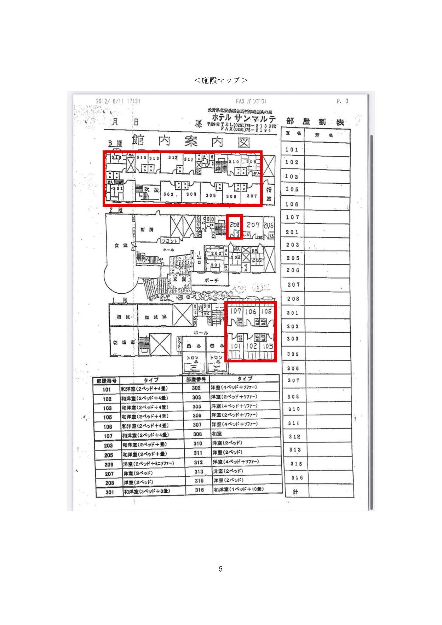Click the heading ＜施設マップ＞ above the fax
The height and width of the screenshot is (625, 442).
(221, 80)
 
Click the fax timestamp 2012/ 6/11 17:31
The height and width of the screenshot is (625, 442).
(118, 101)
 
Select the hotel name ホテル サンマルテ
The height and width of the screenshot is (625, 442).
(243, 118)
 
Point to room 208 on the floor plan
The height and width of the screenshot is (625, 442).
(234, 225)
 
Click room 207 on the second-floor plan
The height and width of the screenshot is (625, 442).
(253, 225)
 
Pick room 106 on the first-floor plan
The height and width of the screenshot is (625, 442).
(251, 311)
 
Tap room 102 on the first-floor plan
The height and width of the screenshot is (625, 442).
(251, 346)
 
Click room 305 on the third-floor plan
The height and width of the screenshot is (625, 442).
(211, 195)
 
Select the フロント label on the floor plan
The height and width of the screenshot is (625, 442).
(169, 241)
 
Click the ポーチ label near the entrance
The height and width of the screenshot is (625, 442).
(212, 280)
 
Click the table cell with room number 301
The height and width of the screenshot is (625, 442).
(110, 492)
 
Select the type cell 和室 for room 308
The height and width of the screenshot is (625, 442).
(217, 434)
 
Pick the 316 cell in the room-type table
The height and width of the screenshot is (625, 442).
(199, 490)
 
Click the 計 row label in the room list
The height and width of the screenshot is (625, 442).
(295, 492)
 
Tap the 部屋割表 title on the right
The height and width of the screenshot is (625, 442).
(315, 122)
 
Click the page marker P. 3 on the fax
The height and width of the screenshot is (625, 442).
(342, 101)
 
